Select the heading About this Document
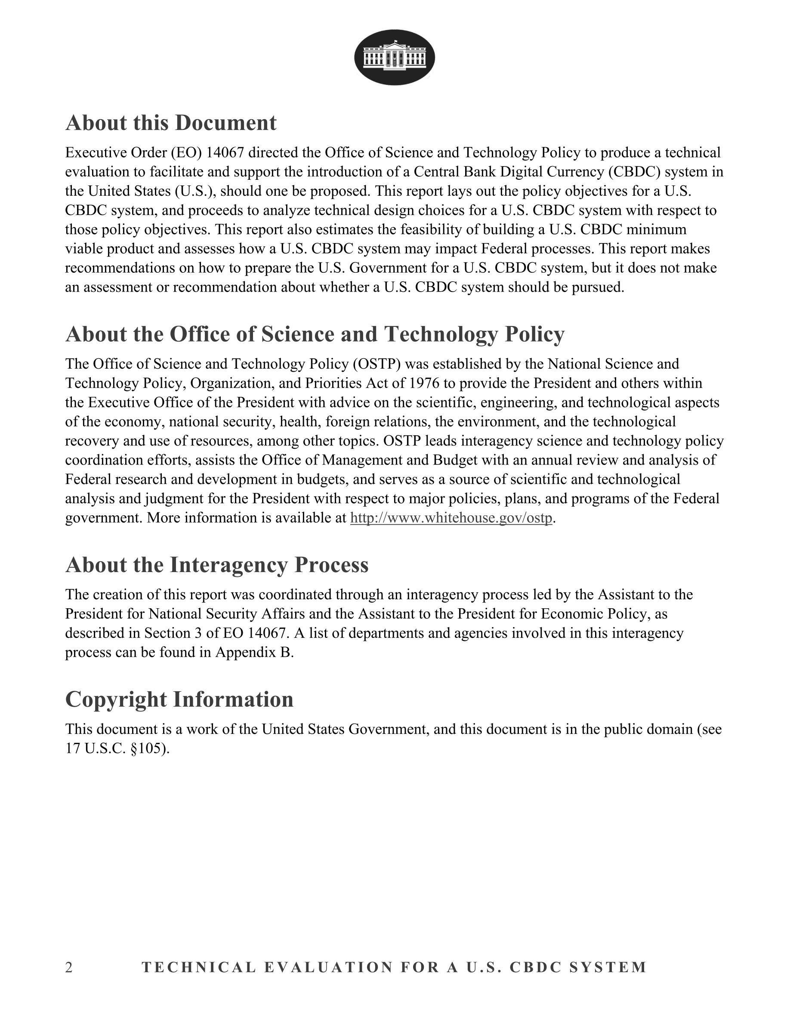click(x=171, y=123)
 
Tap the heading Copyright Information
click(x=179, y=699)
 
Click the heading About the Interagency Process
click(x=217, y=565)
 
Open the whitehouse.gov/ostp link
click(x=451, y=518)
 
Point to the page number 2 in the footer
click(x=69, y=967)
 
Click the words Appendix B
click(x=254, y=653)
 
